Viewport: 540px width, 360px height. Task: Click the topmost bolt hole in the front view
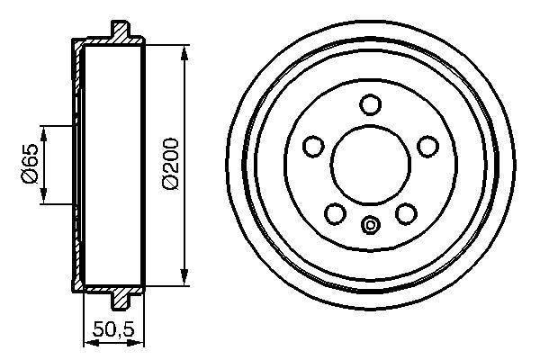pyautogui.click(x=370, y=103)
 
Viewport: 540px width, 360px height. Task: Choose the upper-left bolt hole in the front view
pyautogui.click(x=313, y=145)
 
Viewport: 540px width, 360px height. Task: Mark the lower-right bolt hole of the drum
pyautogui.click(x=405, y=212)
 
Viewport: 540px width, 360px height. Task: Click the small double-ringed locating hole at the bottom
pyautogui.click(x=370, y=224)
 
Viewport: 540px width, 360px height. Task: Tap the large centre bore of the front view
pyautogui.click(x=370, y=163)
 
